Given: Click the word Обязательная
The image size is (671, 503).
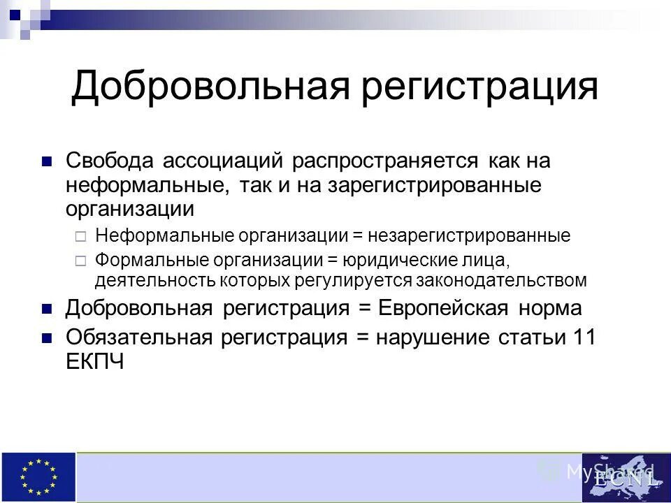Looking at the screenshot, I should point(139,337).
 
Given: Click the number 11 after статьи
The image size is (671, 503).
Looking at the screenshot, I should point(584,337).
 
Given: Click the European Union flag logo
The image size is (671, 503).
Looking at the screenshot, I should point(38,477).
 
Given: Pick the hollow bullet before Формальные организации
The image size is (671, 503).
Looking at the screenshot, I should point(80,261).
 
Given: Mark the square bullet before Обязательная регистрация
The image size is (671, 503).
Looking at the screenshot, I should point(48,338).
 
